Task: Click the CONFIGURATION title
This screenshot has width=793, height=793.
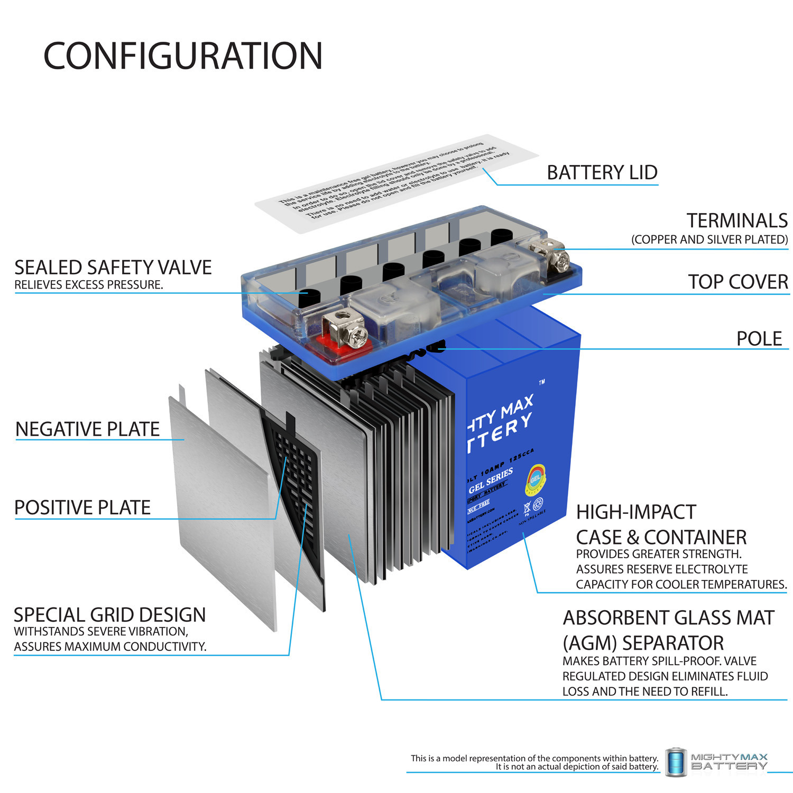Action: (183, 56)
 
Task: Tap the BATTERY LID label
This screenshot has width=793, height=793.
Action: (602, 172)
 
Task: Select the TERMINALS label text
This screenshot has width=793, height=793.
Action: (736, 220)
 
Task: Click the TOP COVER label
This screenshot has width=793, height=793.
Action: (737, 282)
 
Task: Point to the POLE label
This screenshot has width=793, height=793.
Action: (759, 338)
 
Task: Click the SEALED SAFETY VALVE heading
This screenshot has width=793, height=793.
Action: (113, 268)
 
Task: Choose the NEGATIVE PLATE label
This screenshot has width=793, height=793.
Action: (87, 429)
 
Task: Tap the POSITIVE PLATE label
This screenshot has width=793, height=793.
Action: (82, 508)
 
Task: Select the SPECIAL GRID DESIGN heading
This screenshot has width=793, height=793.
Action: (109, 615)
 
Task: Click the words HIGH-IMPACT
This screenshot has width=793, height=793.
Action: (635, 512)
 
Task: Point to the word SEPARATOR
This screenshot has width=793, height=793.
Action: (673, 643)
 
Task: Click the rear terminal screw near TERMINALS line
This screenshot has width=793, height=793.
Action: (561, 259)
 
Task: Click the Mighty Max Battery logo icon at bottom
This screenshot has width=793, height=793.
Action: (675, 762)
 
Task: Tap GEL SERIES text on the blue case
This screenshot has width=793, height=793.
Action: (490, 481)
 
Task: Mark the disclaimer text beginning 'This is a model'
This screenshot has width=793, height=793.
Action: (534, 762)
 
